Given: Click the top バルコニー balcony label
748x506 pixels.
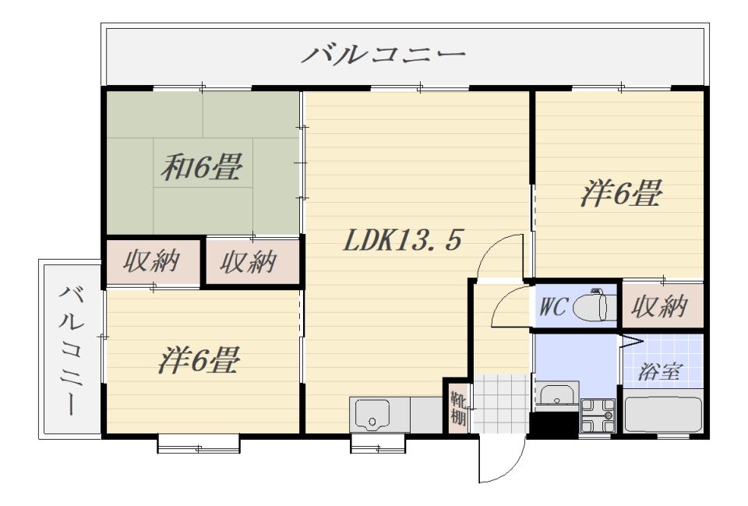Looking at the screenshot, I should [x=383, y=55].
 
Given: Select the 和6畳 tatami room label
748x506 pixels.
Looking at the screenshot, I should [x=202, y=167].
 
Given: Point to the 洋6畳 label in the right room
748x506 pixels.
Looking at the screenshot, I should [x=621, y=193].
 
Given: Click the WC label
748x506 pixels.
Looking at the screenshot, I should [x=553, y=306].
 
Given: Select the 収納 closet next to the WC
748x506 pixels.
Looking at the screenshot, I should [x=660, y=306].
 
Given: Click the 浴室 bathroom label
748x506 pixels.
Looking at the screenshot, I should [x=661, y=372].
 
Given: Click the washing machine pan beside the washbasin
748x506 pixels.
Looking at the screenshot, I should [x=598, y=415].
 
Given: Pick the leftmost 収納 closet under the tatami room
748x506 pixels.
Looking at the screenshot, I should [x=153, y=262].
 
